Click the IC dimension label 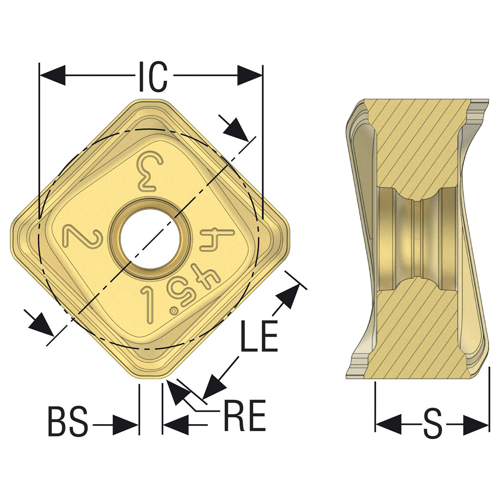click(x=153, y=77)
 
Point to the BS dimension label click(x=68, y=421)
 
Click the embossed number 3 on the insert click(x=150, y=171)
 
